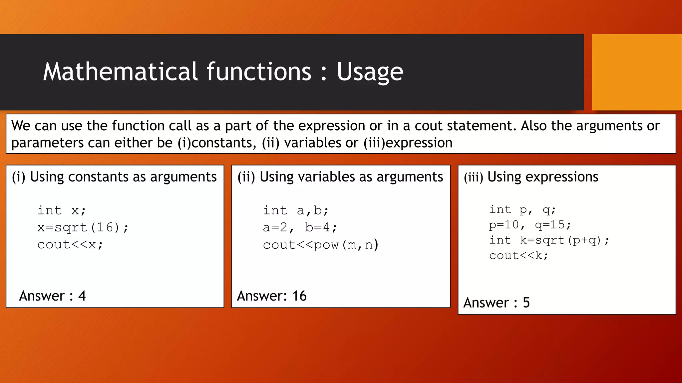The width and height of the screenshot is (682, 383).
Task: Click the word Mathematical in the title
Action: (x=121, y=71)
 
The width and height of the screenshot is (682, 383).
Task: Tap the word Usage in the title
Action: (x=370, y=72)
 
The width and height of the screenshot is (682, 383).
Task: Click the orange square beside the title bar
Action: (x=636, y=72)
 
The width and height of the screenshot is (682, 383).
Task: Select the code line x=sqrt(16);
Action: (x=83, y=228)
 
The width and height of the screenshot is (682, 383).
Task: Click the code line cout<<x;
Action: (x=70, y=245)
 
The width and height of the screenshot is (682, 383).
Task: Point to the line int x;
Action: (x=62, y=210)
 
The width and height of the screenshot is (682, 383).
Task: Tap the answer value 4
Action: (x=82, y=296)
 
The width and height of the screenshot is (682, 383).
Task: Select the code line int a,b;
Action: (x=296, y=210)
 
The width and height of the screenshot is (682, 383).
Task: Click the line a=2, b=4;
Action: (x=300, y=228)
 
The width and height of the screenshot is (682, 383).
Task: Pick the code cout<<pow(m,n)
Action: (x=320, y=245)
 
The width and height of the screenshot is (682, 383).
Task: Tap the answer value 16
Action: (x=299, y=296)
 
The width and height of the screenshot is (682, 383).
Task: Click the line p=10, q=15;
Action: (x=530, y=225)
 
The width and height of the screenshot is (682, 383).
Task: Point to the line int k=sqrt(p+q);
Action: (x=549, y=240)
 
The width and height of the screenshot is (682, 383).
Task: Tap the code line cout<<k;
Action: (x=518, y=256)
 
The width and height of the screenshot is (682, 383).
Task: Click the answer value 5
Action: (x=526, y=303)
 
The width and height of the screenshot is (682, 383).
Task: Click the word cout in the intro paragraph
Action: (x=429, y=126)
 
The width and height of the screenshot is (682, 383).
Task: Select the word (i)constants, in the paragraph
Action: (x=217, y=143)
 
